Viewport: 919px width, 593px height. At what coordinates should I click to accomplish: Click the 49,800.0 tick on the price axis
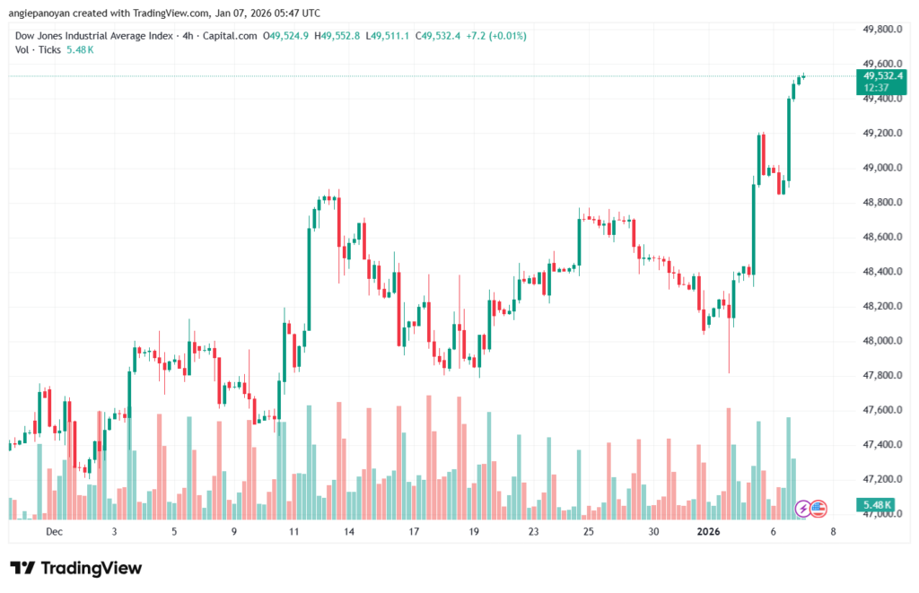(875, 29)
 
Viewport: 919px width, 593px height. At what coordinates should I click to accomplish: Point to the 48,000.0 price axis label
(875, 341)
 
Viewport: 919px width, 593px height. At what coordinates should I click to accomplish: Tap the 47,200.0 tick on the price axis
(875, 479)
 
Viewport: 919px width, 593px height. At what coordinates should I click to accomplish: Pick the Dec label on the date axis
(55, 532)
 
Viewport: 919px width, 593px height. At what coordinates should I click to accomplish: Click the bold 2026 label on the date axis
(709, 532)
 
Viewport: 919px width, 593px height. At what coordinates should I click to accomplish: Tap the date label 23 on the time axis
(534, 532)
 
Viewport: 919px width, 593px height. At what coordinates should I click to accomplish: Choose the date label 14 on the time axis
(349, 532)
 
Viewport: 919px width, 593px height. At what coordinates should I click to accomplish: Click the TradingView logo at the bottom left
(75, 568)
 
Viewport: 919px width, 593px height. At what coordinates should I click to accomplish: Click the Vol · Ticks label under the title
(38, 49)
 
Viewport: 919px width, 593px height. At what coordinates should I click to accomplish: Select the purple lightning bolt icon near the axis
(804, 509)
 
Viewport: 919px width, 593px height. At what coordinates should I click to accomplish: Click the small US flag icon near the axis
(818, 509)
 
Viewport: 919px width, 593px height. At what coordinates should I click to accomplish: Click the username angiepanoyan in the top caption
(43, 13)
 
